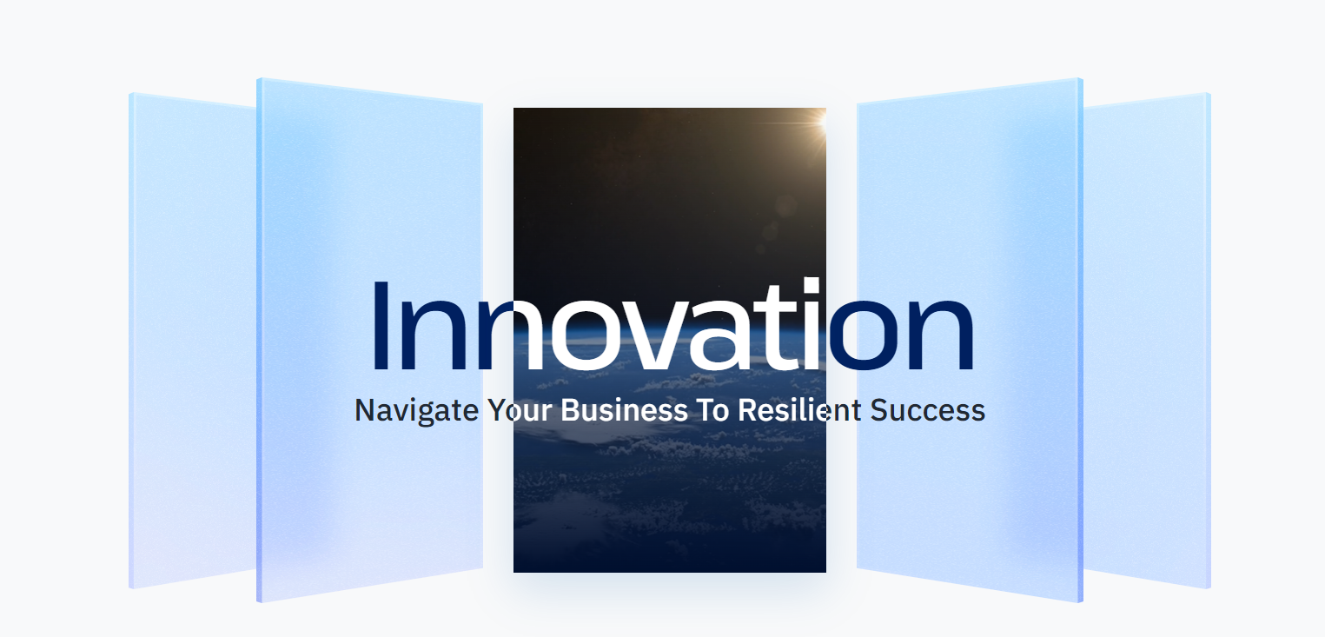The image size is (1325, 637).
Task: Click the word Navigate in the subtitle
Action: pyautogui.click(x=416, y=411)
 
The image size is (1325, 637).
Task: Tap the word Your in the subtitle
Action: pyautogui.click(x=520, y=410)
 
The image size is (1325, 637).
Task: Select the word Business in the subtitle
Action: pyautogui.click(x=624, y=410)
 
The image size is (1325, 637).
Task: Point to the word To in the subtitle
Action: pyautogui.click(x=713, y=410)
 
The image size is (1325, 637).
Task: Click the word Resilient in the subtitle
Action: pyautogui.click(x=799, y=410)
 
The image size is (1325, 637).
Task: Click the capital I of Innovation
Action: pyautogui.click(x=380, y=326)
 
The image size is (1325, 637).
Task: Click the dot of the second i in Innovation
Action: pyautogui.click(x=812, y=285)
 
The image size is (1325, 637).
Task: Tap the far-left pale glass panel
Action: pyautogui.click(x=193, y=340)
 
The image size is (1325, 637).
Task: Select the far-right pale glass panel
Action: pyautogui.click(x=1147, y=340)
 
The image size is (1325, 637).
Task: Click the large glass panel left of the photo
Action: pyautogui.click(x=370, y=340)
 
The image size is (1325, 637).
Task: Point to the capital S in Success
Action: pyautogui.click(x=879, y=410)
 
